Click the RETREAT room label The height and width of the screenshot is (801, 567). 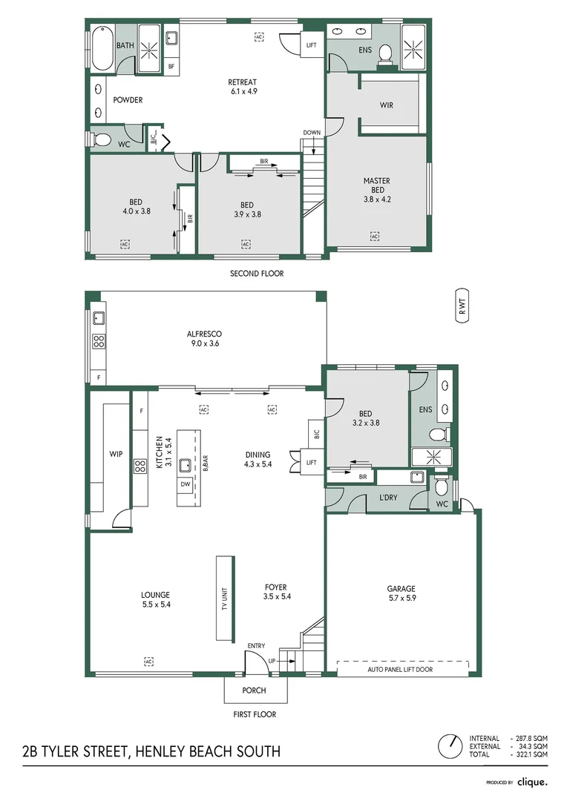242,82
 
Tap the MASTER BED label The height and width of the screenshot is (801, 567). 376,185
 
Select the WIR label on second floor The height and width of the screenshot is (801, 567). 387,105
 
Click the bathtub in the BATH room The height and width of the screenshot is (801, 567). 102,47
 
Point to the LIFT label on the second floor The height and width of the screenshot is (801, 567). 312,45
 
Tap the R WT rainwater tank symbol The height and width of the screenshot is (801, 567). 462,305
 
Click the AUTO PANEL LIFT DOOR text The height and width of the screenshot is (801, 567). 400,669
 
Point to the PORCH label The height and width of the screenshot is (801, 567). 255,690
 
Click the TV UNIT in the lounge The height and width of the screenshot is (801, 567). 224,598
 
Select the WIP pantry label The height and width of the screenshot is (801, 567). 116,454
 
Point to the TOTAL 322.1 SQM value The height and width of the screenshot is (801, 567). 533,754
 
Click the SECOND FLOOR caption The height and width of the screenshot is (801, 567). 257,274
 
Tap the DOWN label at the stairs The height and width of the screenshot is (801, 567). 312,133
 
